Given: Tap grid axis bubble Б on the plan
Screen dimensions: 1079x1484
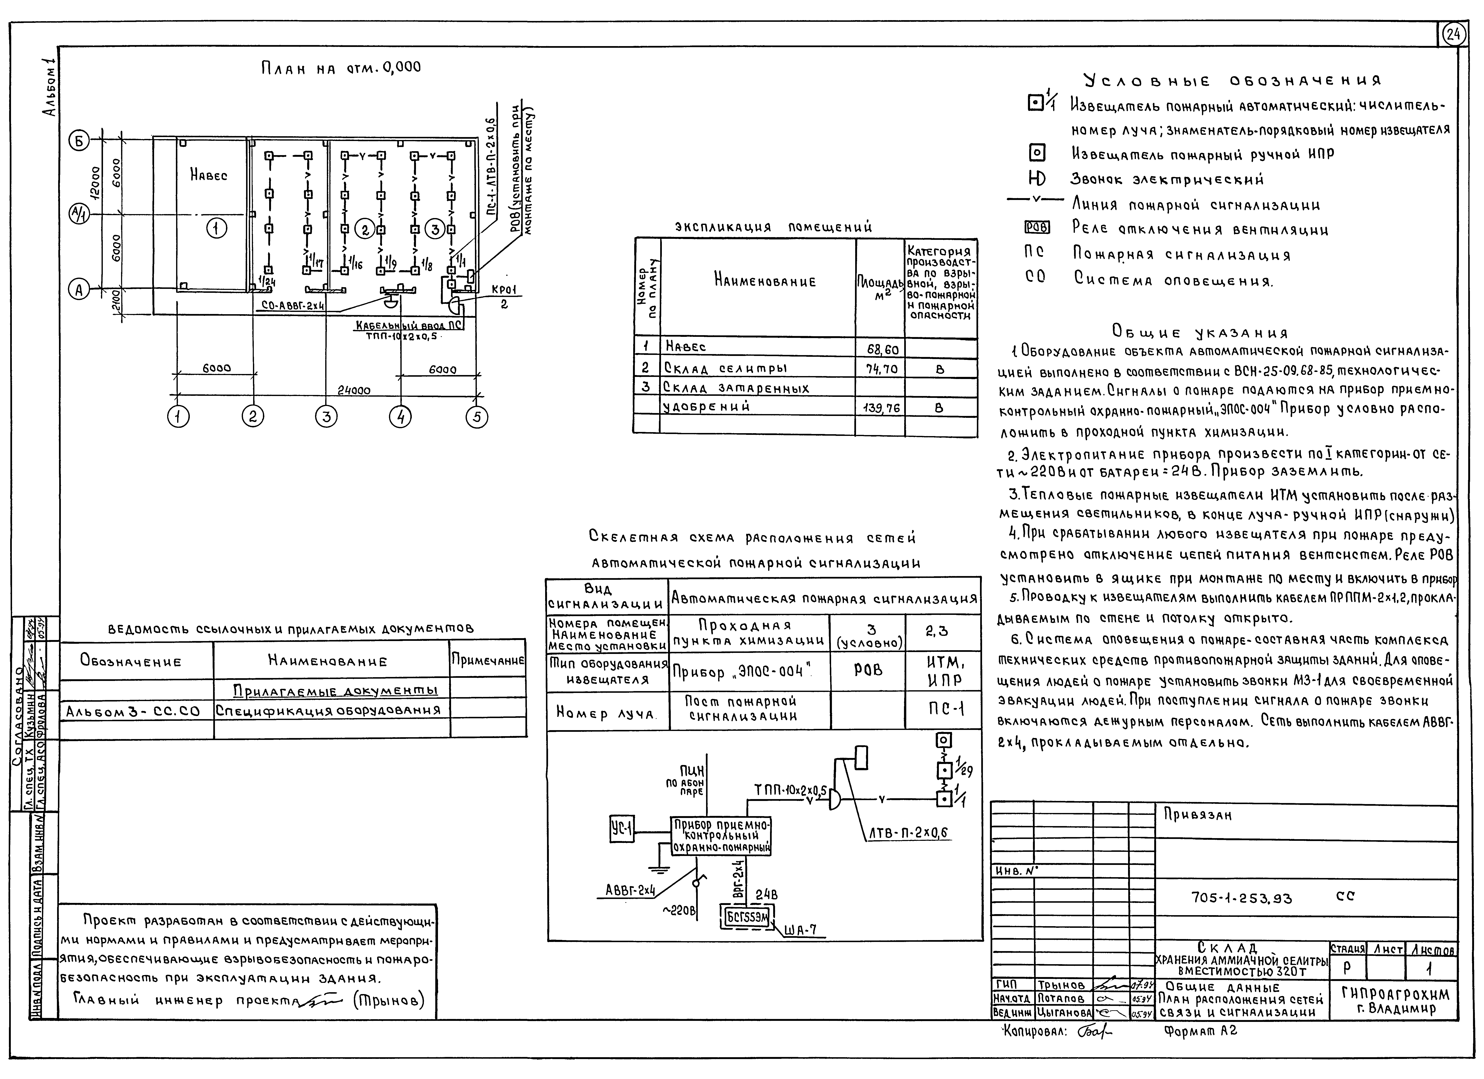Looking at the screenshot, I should [80, 140].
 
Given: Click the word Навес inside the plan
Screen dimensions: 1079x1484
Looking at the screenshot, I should [209, 175].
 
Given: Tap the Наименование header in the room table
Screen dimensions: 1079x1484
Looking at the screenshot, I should [764, 282].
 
